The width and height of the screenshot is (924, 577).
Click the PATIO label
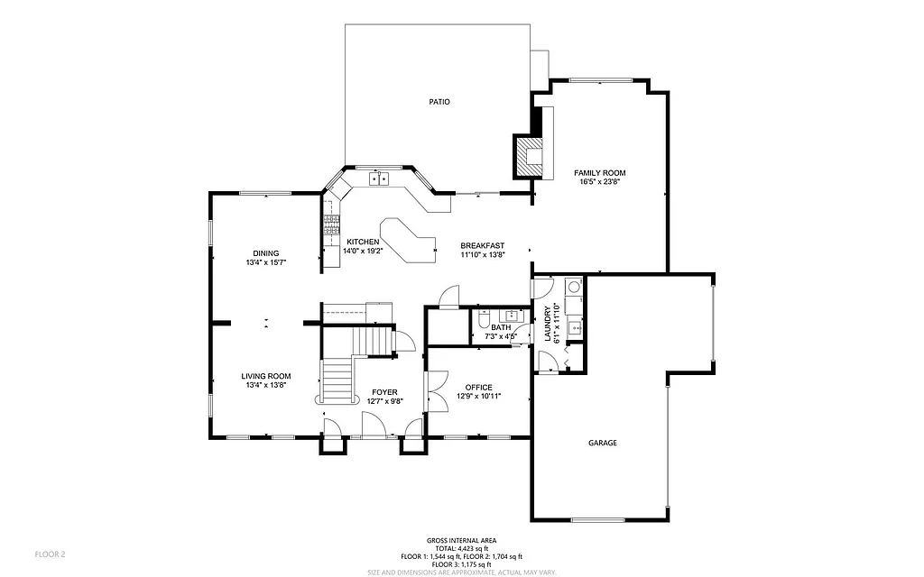click(439, 102)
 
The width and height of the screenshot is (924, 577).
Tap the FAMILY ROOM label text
click(600, 172)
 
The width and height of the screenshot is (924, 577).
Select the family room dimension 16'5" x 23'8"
click(600, 181)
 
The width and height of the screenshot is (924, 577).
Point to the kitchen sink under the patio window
click(379, 179)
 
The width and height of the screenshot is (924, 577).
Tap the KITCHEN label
click(363, 242)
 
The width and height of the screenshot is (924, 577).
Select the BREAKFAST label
click(482, 246)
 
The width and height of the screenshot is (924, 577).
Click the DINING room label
click(265, 253)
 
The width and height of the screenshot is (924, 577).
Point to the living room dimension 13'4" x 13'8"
click(265, 385)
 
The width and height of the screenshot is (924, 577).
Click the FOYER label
click(384, 392)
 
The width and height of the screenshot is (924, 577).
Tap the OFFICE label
click(479, 387)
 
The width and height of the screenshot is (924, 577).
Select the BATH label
click(501, 327)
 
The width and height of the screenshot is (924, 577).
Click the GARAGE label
click(603, 443)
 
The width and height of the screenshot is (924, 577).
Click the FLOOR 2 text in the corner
click(50, 554)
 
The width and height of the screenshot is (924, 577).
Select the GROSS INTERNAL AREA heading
click(461, 540)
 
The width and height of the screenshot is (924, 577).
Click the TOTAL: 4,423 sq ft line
click(461, 548)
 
